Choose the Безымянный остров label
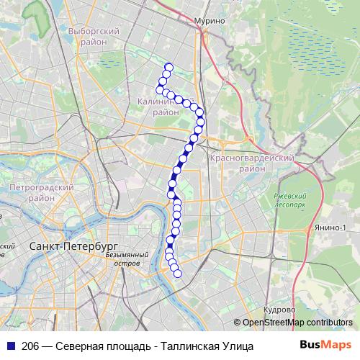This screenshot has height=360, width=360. coord(127,258)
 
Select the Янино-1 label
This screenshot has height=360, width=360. coord(330,228)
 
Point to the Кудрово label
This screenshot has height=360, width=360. coord(279,309)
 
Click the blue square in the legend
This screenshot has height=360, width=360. coord(10,346)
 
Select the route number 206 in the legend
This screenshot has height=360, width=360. coord(30,346)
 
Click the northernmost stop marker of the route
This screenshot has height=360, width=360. coord(168,68)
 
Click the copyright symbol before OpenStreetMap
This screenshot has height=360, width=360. coord(237,323)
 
